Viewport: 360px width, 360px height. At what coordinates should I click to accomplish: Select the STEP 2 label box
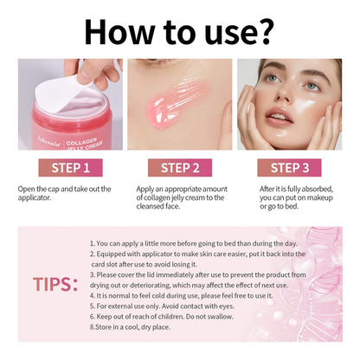pos(179,167)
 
